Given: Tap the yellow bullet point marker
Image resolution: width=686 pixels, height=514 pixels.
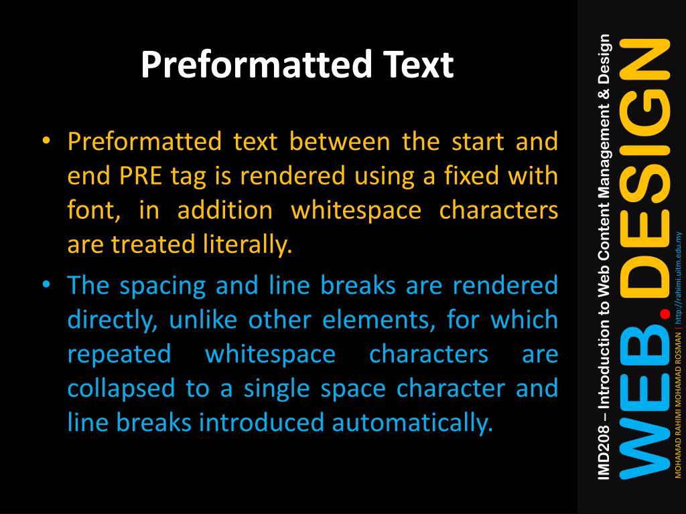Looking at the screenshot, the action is [46, 141].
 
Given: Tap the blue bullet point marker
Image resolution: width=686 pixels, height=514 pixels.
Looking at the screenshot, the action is [46, 284].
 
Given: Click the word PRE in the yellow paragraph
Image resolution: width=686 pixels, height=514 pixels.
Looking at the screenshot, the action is [141, 176].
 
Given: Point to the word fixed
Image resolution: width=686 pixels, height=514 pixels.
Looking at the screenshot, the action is [472, 175].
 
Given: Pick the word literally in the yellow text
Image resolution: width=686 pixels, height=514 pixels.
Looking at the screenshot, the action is [247, 244].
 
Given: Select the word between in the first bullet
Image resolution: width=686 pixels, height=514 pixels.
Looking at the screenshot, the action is [340, 141].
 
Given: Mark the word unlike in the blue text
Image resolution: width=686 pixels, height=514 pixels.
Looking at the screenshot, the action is [203, 319].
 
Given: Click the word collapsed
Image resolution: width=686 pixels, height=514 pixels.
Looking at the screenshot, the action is [121, 389].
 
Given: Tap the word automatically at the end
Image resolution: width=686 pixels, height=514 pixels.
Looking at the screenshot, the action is [412, 423].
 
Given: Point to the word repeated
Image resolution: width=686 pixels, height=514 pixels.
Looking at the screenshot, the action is [119, 355].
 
